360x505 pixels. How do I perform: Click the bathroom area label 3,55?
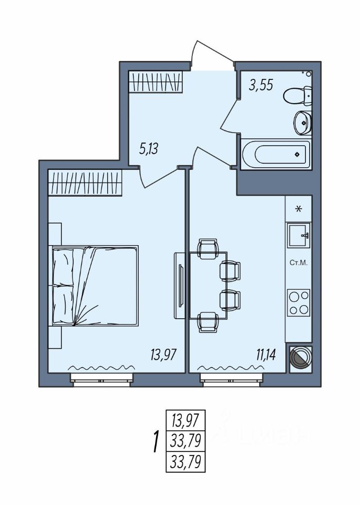[x=261, y=85]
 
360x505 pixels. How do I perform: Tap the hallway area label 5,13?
[x=149, y=148]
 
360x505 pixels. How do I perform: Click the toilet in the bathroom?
[x=297, y=96]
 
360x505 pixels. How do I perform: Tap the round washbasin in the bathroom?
[x=302, y=122]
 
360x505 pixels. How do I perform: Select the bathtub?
[x=275, y=154]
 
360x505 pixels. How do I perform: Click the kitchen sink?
[x=299, y=234]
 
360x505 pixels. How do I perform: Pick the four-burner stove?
[x=299, y=302]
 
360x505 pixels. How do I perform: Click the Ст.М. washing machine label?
[x=299, y=261]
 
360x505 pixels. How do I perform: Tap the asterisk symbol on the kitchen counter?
[x=299, y=209]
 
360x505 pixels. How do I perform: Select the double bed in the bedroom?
[x=95, y=286]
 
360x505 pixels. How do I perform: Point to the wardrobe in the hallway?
[x=156, y=82]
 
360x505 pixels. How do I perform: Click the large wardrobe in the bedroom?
[x=85, y=182]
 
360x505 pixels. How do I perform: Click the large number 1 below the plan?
[x=155, y=441]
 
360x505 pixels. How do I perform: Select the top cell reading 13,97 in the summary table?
[x=184, y=420]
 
